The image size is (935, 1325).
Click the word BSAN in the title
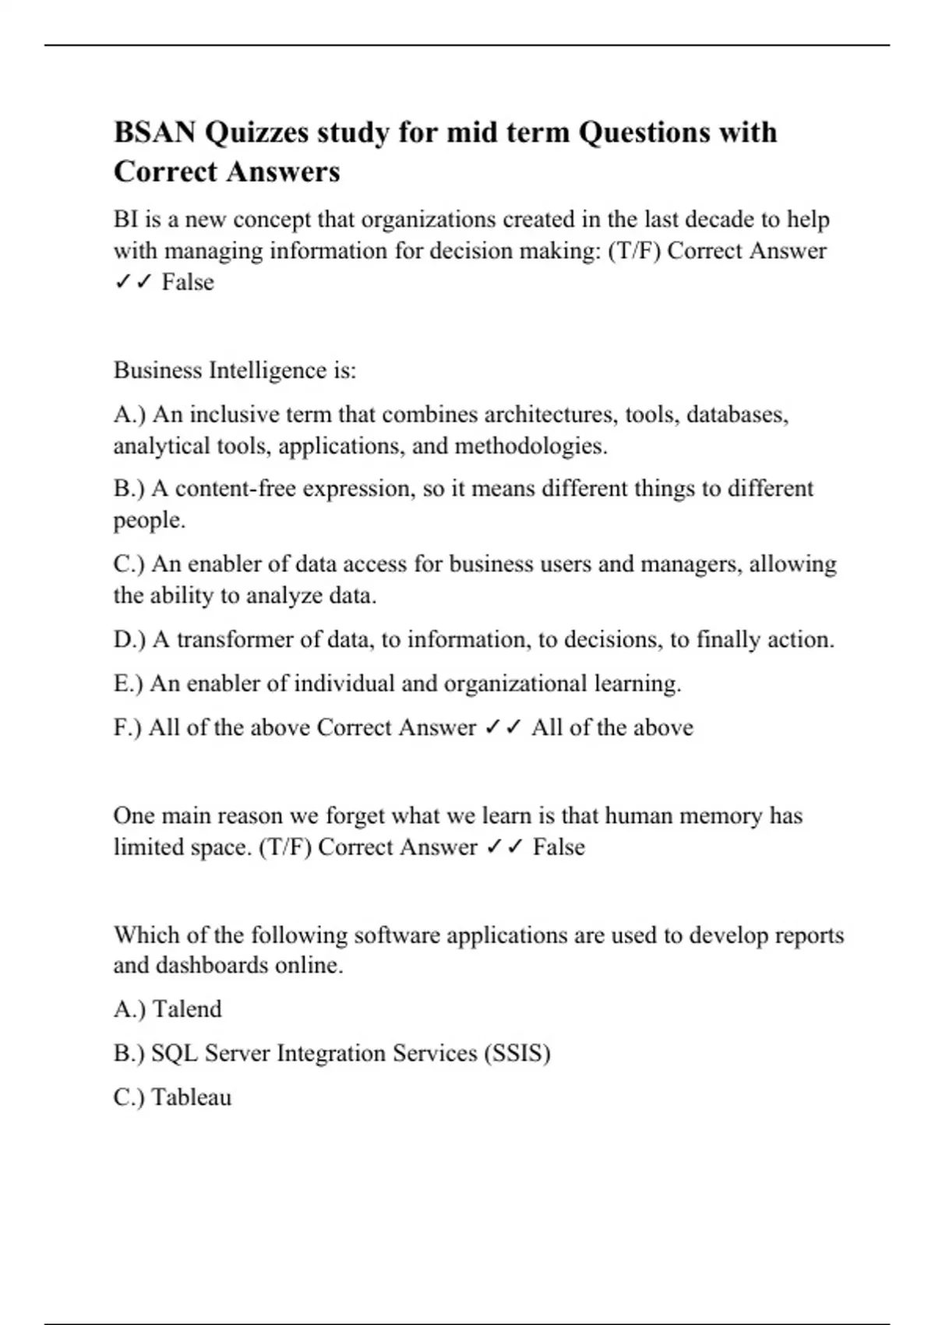coord(154,132)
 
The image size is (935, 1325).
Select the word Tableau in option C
coord(192,1097)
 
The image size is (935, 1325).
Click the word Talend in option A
coord(187,1009)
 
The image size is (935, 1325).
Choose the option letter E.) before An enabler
coord(128,684)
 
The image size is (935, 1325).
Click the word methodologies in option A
coord(530,446)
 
